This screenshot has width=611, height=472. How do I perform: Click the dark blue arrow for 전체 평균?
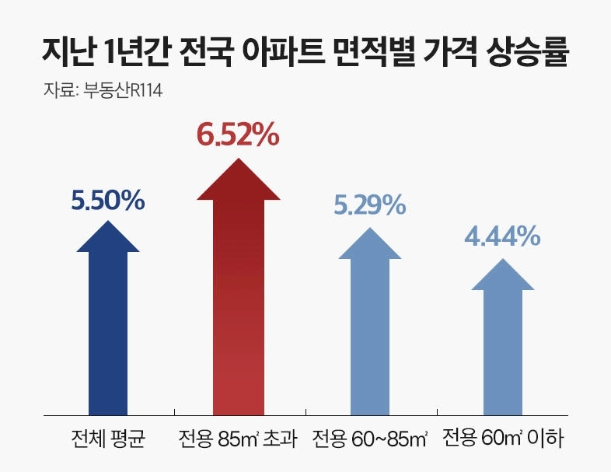coord(108,327)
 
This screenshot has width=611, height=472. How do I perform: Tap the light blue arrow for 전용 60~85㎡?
coord(370,330)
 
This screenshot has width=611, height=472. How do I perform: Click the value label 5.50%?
coord(108,201)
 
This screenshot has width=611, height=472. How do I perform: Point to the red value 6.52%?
coord(237,135)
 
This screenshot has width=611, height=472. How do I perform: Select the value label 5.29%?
coord(370,205)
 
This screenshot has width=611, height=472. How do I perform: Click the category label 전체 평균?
coord(108,439)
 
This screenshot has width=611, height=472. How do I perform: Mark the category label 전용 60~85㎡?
coord(370,439)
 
